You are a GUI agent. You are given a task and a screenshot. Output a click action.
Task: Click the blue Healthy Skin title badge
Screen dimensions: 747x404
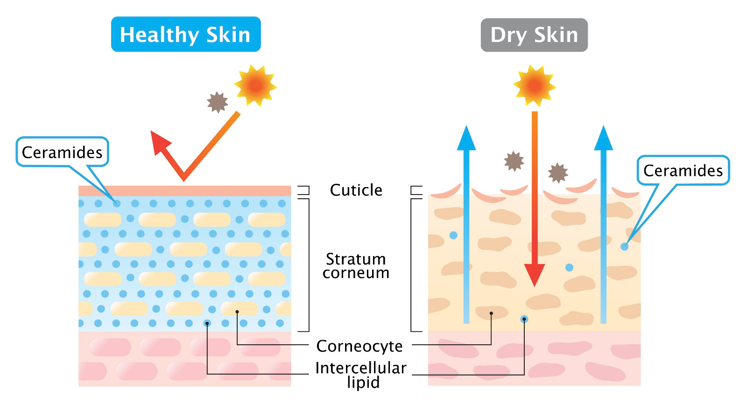click(186, 35)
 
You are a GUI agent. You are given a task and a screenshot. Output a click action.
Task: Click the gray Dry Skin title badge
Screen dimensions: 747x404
click(534, 35)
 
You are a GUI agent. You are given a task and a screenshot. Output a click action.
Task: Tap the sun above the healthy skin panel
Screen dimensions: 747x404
click(255, 85)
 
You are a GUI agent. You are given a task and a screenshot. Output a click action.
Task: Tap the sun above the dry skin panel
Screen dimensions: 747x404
click(535, 86)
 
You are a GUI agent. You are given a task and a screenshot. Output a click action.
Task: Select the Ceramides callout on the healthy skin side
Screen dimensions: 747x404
click(63, 152)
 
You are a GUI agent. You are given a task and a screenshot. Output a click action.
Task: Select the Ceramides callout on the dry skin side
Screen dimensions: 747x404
click(684, 170)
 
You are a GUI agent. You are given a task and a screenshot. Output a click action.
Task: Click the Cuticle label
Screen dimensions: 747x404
click(356, 190)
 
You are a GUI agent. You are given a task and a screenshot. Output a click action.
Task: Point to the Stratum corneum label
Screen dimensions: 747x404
click(356, 265)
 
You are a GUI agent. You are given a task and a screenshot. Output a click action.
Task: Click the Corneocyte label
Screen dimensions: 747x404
click(359, 346)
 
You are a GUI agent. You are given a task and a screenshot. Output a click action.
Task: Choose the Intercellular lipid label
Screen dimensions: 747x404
click(361, 375)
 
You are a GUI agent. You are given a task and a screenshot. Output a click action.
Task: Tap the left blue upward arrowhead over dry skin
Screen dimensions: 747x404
click(466, 138)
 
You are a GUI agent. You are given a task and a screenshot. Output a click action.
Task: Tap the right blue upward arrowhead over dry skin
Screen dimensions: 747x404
click(603, 138)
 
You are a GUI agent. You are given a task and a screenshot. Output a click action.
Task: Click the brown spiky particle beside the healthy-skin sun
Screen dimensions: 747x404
click(218, 102)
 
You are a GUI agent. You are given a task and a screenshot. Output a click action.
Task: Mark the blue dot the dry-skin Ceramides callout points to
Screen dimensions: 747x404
click(624, 247)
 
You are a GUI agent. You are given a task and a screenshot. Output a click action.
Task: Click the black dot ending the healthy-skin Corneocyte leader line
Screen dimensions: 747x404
click(237, 312)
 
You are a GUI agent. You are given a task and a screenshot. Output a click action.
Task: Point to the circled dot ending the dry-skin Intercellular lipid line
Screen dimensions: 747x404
click(524, 320)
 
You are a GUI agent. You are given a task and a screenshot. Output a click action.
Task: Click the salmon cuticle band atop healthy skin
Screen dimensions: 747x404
click(185, 191)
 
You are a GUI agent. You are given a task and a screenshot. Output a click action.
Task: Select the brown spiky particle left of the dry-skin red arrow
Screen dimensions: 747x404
click(514, 161)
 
